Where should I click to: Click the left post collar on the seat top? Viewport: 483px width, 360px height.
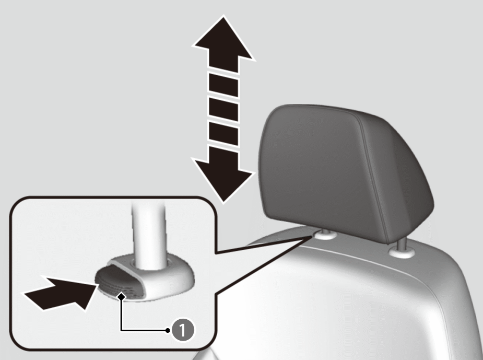[325, 236]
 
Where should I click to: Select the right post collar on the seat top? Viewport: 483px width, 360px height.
[402, 253]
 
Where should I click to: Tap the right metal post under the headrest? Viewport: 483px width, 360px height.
[401, 243]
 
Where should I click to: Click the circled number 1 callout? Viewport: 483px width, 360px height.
[183, 330]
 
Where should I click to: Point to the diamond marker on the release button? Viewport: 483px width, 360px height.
[122, 296]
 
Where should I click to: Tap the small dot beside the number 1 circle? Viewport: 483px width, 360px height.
[167, 330]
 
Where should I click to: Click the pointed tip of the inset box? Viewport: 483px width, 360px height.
[311, 237]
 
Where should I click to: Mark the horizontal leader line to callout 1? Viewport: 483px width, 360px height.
[144, 330]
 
